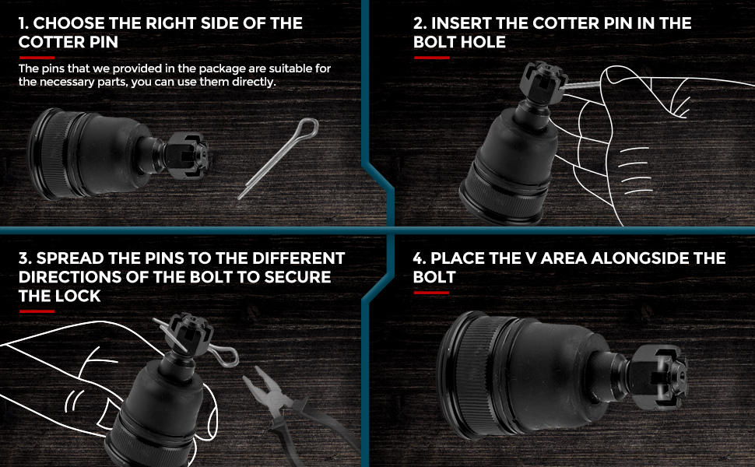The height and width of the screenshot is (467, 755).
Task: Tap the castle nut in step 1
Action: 188,155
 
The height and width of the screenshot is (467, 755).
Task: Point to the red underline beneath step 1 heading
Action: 37,58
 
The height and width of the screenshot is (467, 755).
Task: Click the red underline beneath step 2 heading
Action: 432,58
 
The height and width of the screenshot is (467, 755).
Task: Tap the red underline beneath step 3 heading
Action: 37,311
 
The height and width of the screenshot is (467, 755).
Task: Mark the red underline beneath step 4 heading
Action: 431,293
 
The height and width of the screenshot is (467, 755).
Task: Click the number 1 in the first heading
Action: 22,23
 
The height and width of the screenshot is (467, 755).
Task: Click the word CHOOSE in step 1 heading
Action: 68,23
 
